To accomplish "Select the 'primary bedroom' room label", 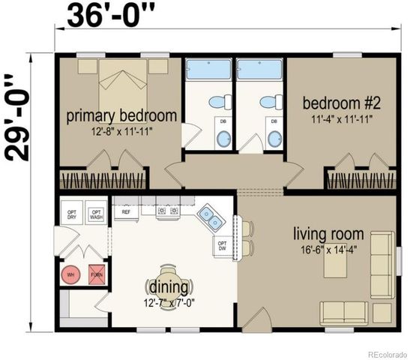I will (x=121, y=116).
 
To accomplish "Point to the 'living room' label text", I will (x=328, y=234).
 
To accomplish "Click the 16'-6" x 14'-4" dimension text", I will (x=328, y=250).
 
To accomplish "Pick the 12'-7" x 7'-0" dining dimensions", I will (x=170, y=303).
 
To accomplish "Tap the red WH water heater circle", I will (x=71, y=275).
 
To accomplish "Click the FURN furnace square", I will (x=97, y=275).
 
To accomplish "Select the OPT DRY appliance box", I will (x=72, y=213).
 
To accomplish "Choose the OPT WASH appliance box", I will (x=97, y=213).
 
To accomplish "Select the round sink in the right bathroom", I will (x=275, y=137).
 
